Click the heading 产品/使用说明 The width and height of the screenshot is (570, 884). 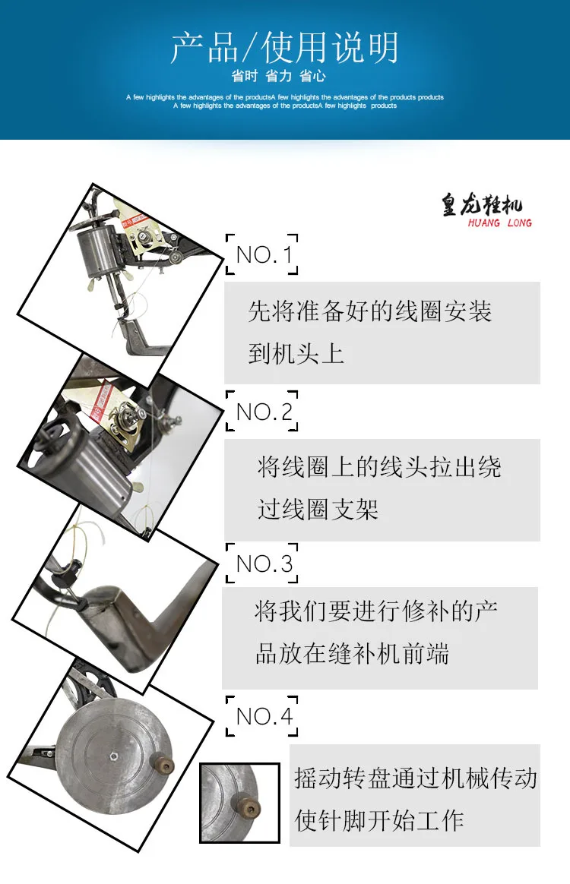pyautogui.click(x=284, y=48)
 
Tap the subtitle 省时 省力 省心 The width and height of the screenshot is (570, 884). pyautogui.click(x=284, y=77)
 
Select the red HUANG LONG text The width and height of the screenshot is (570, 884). pyautogui.click(x=499, y=223)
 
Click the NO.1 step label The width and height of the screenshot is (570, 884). pyautogui.click(x=263, y=254)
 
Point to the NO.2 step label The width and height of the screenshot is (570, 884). pyautogui.click(x=263, y=412)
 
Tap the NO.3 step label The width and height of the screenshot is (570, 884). pyautogui.click(x=263, y=564)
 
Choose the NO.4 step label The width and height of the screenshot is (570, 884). pyautogui.click(x=263, y=715)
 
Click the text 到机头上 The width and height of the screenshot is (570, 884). pyautogui.click(x=296, y=354)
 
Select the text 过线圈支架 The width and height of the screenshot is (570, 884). pyautogui.click(x=318, y=509)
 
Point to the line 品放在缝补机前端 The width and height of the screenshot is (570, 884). pyautogui.click(x=351, y=654)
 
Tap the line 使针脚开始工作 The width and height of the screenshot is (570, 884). pyautogui.click(x=379, y=820)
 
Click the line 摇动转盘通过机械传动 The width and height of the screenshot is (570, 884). pyautogui.click(x=415, y=778)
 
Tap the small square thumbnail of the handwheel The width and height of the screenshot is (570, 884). pyautogui.click(x=229, y=803)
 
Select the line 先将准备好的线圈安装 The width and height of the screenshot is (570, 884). pyautogui.click(x=369, y=311)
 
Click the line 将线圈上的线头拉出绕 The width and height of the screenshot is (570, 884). pyautogui.click(x=378, y=467)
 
